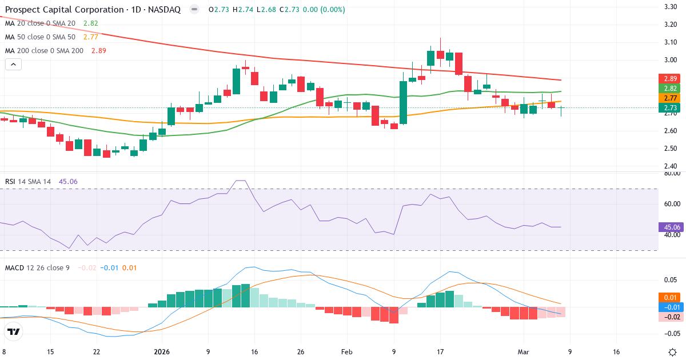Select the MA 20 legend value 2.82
click(90, 23)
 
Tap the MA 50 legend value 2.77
click(90, 37)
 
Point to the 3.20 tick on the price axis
click(669, 25)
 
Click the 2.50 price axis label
click(669, 149)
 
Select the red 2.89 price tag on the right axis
click(669, 78)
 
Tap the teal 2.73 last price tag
click(669, 107)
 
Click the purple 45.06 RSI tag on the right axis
click(669, 227)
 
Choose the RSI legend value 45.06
click(68, 182)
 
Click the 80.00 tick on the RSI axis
click(669, 173)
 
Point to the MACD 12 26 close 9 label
click(37, 267)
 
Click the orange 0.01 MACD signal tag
click(669, 297)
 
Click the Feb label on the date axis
click(348, 351)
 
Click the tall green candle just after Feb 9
click(403, 102)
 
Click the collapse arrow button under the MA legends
click(13, 65)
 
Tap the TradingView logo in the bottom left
click(14, 331)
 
